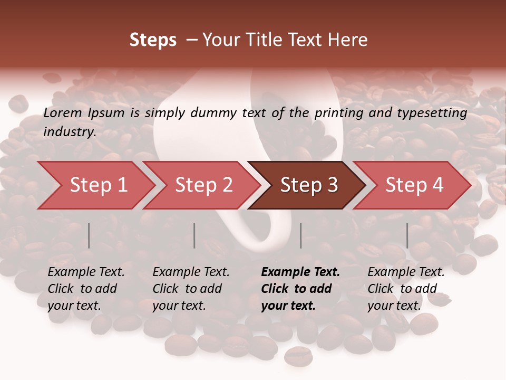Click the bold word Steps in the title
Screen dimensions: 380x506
[153, 40]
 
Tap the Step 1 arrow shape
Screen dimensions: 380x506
[95, 185]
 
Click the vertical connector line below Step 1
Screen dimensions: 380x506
[89, 235]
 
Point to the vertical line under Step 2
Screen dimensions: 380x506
[194, 235]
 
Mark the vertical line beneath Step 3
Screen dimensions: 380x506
[301, 235]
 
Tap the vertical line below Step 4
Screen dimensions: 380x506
[407, 235]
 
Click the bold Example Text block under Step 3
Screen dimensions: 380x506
[300, 289]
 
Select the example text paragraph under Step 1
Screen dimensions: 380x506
[86, 289]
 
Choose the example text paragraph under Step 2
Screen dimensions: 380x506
[191, 289]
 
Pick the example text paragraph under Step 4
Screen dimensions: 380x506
[406, 289]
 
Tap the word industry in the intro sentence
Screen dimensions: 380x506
[69, 132]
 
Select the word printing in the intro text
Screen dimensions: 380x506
[337, 113]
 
